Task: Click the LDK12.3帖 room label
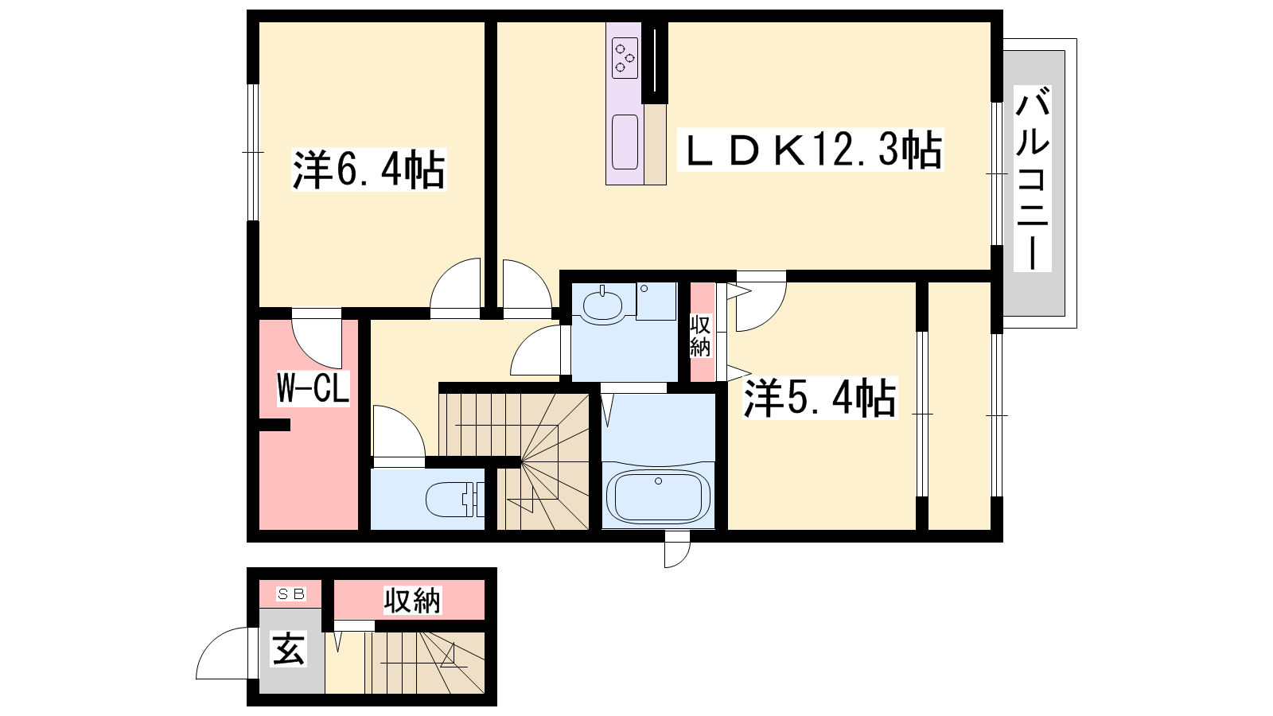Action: tap(811, 149)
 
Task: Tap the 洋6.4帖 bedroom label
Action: tap(369, 169)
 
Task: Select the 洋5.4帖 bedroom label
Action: tap(820, 397)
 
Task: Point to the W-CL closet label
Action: tap(313, 388)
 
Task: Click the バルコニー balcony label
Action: tap(1033, 178)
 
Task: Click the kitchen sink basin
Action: tap(625, 142)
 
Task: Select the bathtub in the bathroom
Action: tap(658, 496)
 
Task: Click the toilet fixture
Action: tap(454, 499)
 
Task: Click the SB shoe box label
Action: tap(291, 593)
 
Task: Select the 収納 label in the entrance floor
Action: tap(412, 600)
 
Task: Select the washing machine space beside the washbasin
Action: tap(656, 302)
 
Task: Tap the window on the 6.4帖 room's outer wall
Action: tap(253, 152)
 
